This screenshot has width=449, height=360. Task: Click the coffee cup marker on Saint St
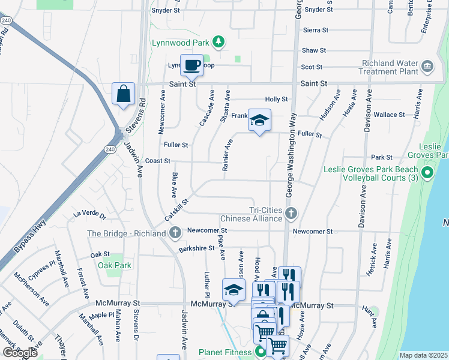point(191,65)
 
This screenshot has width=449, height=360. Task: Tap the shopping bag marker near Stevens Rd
point(124,94)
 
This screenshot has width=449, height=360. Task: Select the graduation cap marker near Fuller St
point(259,121)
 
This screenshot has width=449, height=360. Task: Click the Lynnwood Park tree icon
point(220,41)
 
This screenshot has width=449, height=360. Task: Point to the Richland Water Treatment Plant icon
point(427,65)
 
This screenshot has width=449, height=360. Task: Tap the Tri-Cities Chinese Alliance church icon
point(291,213)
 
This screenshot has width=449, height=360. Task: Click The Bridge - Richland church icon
point(175,233)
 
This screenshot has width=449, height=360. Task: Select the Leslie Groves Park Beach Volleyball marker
point(427,174)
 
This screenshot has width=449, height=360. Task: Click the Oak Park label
point(114,265)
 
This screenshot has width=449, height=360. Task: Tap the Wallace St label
point(389,115)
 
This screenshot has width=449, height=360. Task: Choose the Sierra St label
point(316,30)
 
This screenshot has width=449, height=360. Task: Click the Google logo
point(20,353)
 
